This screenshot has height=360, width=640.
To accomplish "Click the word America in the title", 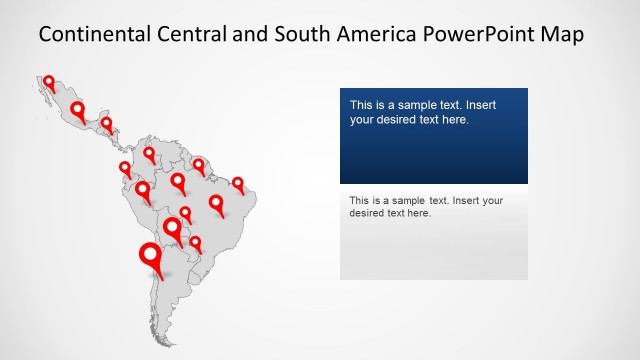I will [x=379, y=34].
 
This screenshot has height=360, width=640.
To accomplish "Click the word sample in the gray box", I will [x=406, y=200].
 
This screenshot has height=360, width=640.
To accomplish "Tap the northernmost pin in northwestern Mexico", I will [x=48, y=81].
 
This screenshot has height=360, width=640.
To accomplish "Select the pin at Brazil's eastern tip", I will [x=238, y=184].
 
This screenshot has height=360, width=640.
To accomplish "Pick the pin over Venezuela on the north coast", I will [x=149, y=153].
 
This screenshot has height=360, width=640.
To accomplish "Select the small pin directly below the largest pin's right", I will [x=195, y=242].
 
